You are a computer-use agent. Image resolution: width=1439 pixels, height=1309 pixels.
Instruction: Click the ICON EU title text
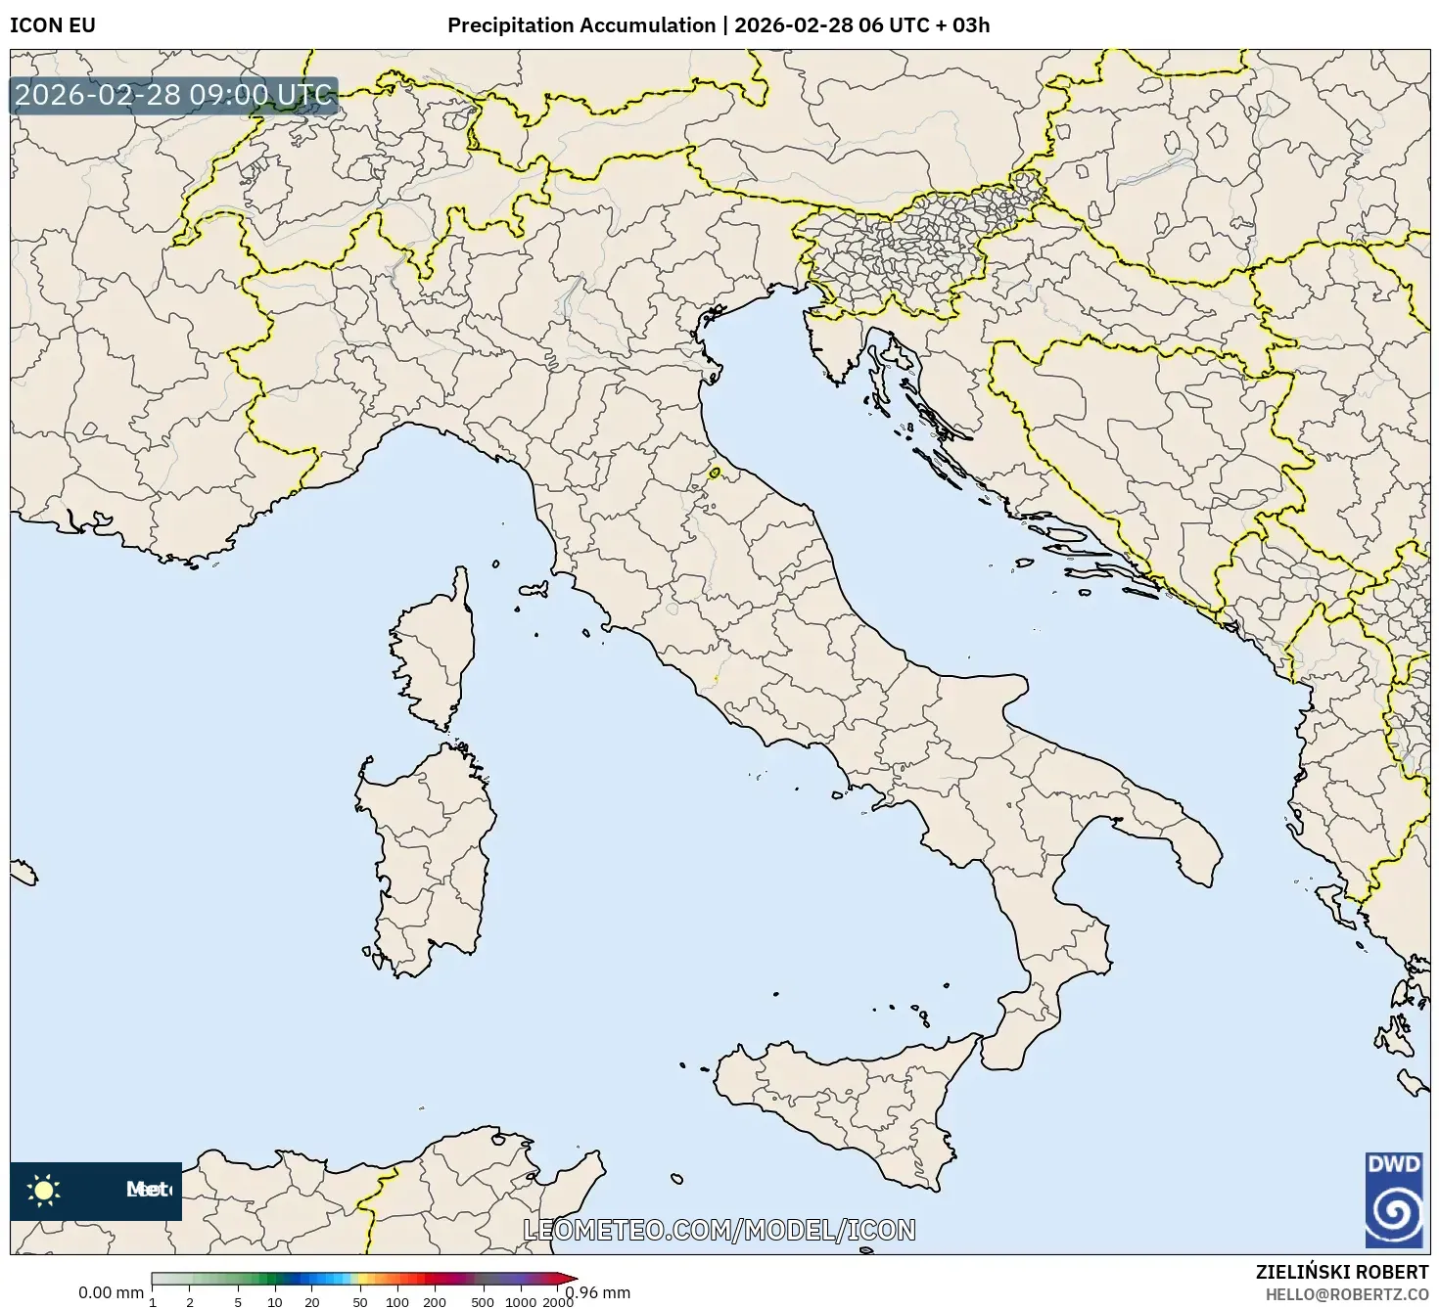[x=53, y=25]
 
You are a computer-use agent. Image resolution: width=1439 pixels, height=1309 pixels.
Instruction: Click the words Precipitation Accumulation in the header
[x=581, y=25]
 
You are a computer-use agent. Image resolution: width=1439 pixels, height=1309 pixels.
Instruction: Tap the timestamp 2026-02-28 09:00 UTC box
[x=174, y=95]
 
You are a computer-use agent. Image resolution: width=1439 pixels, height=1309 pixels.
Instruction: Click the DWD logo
[x=1394, y=1200]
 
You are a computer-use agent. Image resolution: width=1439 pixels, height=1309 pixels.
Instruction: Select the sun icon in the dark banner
[x=43, y=1190]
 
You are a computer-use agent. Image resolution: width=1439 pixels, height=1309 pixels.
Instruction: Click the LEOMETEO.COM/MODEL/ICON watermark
[x=719, y=1230]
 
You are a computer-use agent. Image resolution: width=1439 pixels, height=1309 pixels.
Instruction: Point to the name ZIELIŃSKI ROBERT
[x=1341, y=1271]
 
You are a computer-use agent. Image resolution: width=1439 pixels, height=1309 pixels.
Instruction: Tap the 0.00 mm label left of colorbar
[x=111, y=1292]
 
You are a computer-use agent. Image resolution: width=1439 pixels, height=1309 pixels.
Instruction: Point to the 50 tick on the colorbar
[x=359, y=1301]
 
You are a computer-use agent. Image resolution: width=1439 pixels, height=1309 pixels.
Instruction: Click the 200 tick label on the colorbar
[x=434, y=1301]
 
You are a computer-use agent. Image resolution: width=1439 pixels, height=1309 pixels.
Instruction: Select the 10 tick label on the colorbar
[x=275, y=1301]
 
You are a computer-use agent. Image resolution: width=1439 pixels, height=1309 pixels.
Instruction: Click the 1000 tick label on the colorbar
[x=520, y=1301]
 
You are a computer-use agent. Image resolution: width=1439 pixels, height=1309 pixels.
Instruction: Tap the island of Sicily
[x=842, y=1106]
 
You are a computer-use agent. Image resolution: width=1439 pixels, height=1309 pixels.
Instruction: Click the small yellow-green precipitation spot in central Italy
[x=715, y=474]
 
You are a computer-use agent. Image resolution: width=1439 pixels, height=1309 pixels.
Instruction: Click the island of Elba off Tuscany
[x=534, y=590]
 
